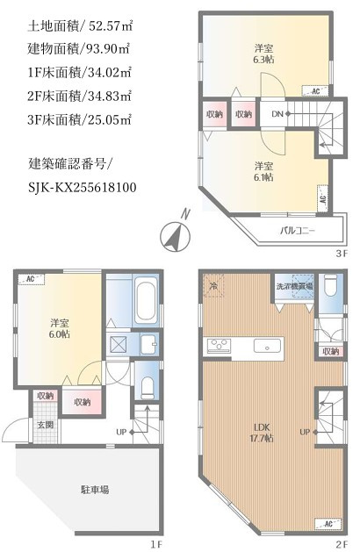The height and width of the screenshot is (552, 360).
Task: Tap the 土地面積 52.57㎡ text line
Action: tap(80, 24)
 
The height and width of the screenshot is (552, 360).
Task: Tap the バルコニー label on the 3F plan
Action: tap(298, 231)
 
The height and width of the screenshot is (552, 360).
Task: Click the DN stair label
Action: tap(276, 114)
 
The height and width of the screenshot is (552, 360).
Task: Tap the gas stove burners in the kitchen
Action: tap(217, 346)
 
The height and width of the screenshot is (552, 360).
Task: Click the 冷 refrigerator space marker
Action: tap(213, 286)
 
